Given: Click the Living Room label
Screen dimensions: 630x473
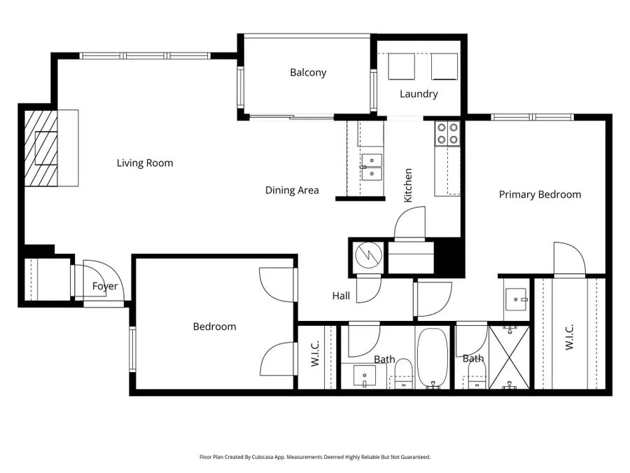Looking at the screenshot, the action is pos(145,163).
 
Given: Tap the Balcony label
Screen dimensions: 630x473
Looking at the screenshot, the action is pos(308,72).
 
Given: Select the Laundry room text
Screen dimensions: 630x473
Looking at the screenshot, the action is pos(419,94).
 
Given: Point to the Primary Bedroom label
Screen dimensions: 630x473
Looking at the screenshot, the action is pos(540,195).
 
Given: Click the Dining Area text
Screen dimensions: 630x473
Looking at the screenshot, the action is pos(292,190).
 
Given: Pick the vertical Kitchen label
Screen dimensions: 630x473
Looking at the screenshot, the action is pos(408,185).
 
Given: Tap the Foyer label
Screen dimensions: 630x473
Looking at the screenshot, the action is pos(105,287).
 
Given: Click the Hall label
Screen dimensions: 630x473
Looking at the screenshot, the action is pos(341,296).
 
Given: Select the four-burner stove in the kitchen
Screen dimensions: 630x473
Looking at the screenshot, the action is pos(447,133).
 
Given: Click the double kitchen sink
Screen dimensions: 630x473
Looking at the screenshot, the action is pos(372,167).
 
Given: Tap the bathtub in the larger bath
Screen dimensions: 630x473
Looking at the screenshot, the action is pos(432,357).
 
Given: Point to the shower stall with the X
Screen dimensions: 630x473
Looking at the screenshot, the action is pos(509,357).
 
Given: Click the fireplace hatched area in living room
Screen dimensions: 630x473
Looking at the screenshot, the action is pos(41,148).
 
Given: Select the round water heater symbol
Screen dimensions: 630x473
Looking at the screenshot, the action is pos(368,255).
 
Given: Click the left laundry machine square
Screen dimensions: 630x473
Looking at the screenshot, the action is pos(401,67).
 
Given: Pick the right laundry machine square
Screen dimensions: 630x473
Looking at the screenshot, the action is pos(444,67).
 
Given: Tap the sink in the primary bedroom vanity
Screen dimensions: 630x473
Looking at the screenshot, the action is pos(516,299).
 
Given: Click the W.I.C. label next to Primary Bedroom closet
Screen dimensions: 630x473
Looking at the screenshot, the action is pos(569,337).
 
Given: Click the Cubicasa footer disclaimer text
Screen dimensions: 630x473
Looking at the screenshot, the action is pos(315,457).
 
